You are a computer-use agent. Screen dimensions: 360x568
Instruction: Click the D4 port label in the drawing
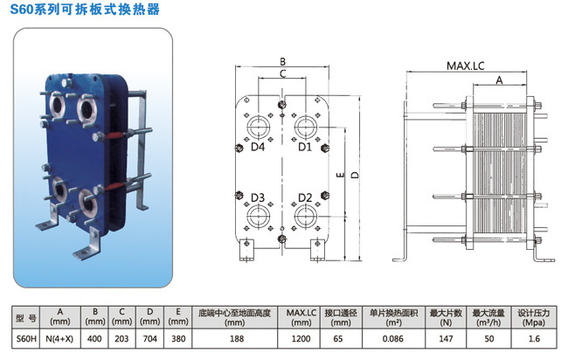pos(258,147)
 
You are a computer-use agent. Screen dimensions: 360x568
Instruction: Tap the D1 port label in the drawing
pos(305,147)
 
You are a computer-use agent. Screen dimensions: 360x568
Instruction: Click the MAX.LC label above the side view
pos(465,66)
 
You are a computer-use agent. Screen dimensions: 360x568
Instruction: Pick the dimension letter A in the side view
pos(499,80)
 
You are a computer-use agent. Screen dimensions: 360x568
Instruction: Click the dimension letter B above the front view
pos(283,61)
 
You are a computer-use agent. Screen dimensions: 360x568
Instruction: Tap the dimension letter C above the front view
pos(283,74)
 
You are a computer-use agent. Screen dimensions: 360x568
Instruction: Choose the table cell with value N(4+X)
pos(60,339)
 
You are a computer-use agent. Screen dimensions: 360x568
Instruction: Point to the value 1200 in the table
pos(301,339)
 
